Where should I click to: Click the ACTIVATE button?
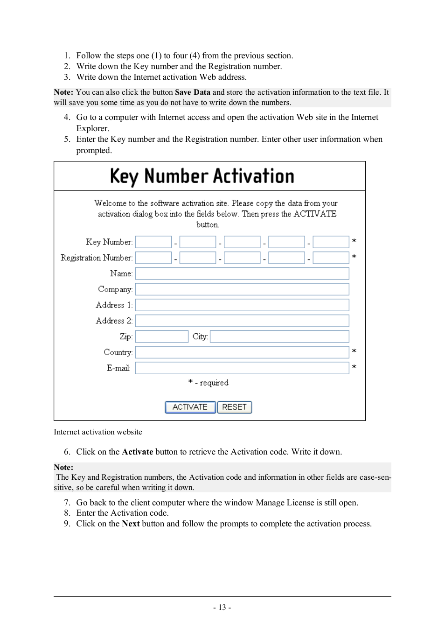tap(190, 407)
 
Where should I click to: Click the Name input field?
tap(242, 273)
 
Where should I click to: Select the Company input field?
tap(242, 289)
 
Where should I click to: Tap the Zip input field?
tap(161, 336)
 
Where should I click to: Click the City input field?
tap(279, 336)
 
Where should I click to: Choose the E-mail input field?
tap(242, 368)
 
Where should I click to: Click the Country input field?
tap(242, 352)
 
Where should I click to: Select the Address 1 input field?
tap(242, 305)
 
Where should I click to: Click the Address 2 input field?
tap(242, 321)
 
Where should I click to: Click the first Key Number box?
tap(153, 242)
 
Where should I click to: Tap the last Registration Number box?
tap(331, 258)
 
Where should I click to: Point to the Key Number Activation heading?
tap(202, 176)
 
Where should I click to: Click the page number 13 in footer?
tap(222, 607)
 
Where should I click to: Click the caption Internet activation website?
tap(98, 432)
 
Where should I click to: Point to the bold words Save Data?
tap(192, 92)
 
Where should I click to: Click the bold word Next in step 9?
tap(131, 524)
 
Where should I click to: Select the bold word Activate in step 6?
tap(137, 452)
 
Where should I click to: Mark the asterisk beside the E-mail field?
tap(354, 367)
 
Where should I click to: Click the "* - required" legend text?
tap(209, 383)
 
